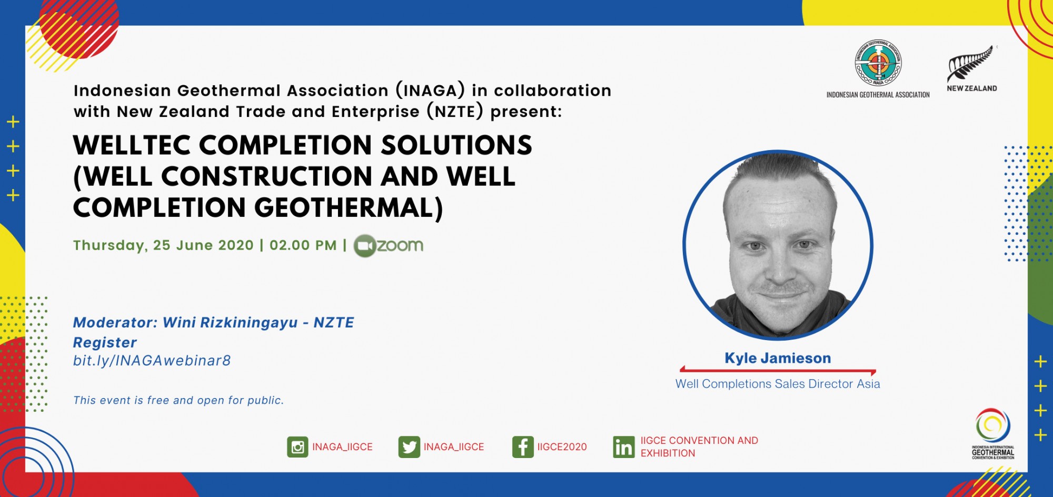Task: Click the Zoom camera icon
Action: pos(364,246)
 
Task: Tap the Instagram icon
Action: pos(297,447)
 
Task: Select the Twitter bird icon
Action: pos(409,447)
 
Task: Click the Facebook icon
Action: pos(523,447)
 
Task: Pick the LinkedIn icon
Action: pos(624,447)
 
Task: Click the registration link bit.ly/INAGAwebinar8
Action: pos(152,361)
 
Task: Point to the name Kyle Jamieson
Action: pos(778,358)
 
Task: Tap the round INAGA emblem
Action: pos(878,63)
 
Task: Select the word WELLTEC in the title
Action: pos(132,145)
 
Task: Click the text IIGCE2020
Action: pos(562,447)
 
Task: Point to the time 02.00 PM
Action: pos(303,245)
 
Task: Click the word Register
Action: pos(105,343)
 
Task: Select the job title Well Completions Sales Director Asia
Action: pos(778,384)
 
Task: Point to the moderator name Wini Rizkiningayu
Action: pos(230,323)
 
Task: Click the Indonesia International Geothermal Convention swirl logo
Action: pos(992,425)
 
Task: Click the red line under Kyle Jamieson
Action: pos(778,371)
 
